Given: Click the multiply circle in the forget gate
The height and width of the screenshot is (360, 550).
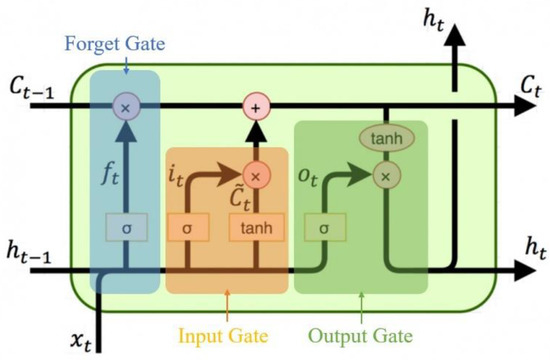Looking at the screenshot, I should [126, 105].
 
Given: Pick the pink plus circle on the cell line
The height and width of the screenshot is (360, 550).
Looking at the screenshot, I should [258, 105].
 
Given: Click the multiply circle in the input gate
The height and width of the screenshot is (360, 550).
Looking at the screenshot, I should [258, 176].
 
